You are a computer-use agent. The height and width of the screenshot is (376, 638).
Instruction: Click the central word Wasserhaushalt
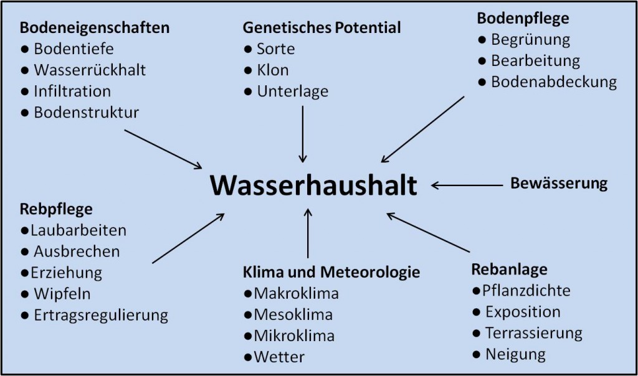click(312, 185)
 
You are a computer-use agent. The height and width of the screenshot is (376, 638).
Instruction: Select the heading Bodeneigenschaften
click(95, 28)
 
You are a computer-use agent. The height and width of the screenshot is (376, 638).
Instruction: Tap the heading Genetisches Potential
click(321, 28)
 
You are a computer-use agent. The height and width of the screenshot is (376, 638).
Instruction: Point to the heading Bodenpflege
click(523, 19)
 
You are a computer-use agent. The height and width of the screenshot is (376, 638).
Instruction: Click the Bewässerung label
click(559, 184)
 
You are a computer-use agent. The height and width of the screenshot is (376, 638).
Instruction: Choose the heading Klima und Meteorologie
click(331, 272)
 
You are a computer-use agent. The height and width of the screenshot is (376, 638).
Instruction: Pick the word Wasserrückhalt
click(90, 70)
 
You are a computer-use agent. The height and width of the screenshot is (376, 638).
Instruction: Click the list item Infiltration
click(72, 91)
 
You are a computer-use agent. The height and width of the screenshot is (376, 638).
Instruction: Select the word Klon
click(273, 70)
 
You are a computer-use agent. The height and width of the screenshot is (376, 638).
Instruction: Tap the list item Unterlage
click(292, 91)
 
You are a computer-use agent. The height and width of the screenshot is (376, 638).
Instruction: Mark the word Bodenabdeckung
click(553, 82)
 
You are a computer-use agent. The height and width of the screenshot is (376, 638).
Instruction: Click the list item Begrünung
click(530, 40)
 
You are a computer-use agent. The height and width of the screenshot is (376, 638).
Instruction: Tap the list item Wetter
click(279, 357)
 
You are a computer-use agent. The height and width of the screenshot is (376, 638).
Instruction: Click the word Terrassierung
click(533, 333)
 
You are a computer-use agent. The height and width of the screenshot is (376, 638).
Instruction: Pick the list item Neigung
click(515, 354)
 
